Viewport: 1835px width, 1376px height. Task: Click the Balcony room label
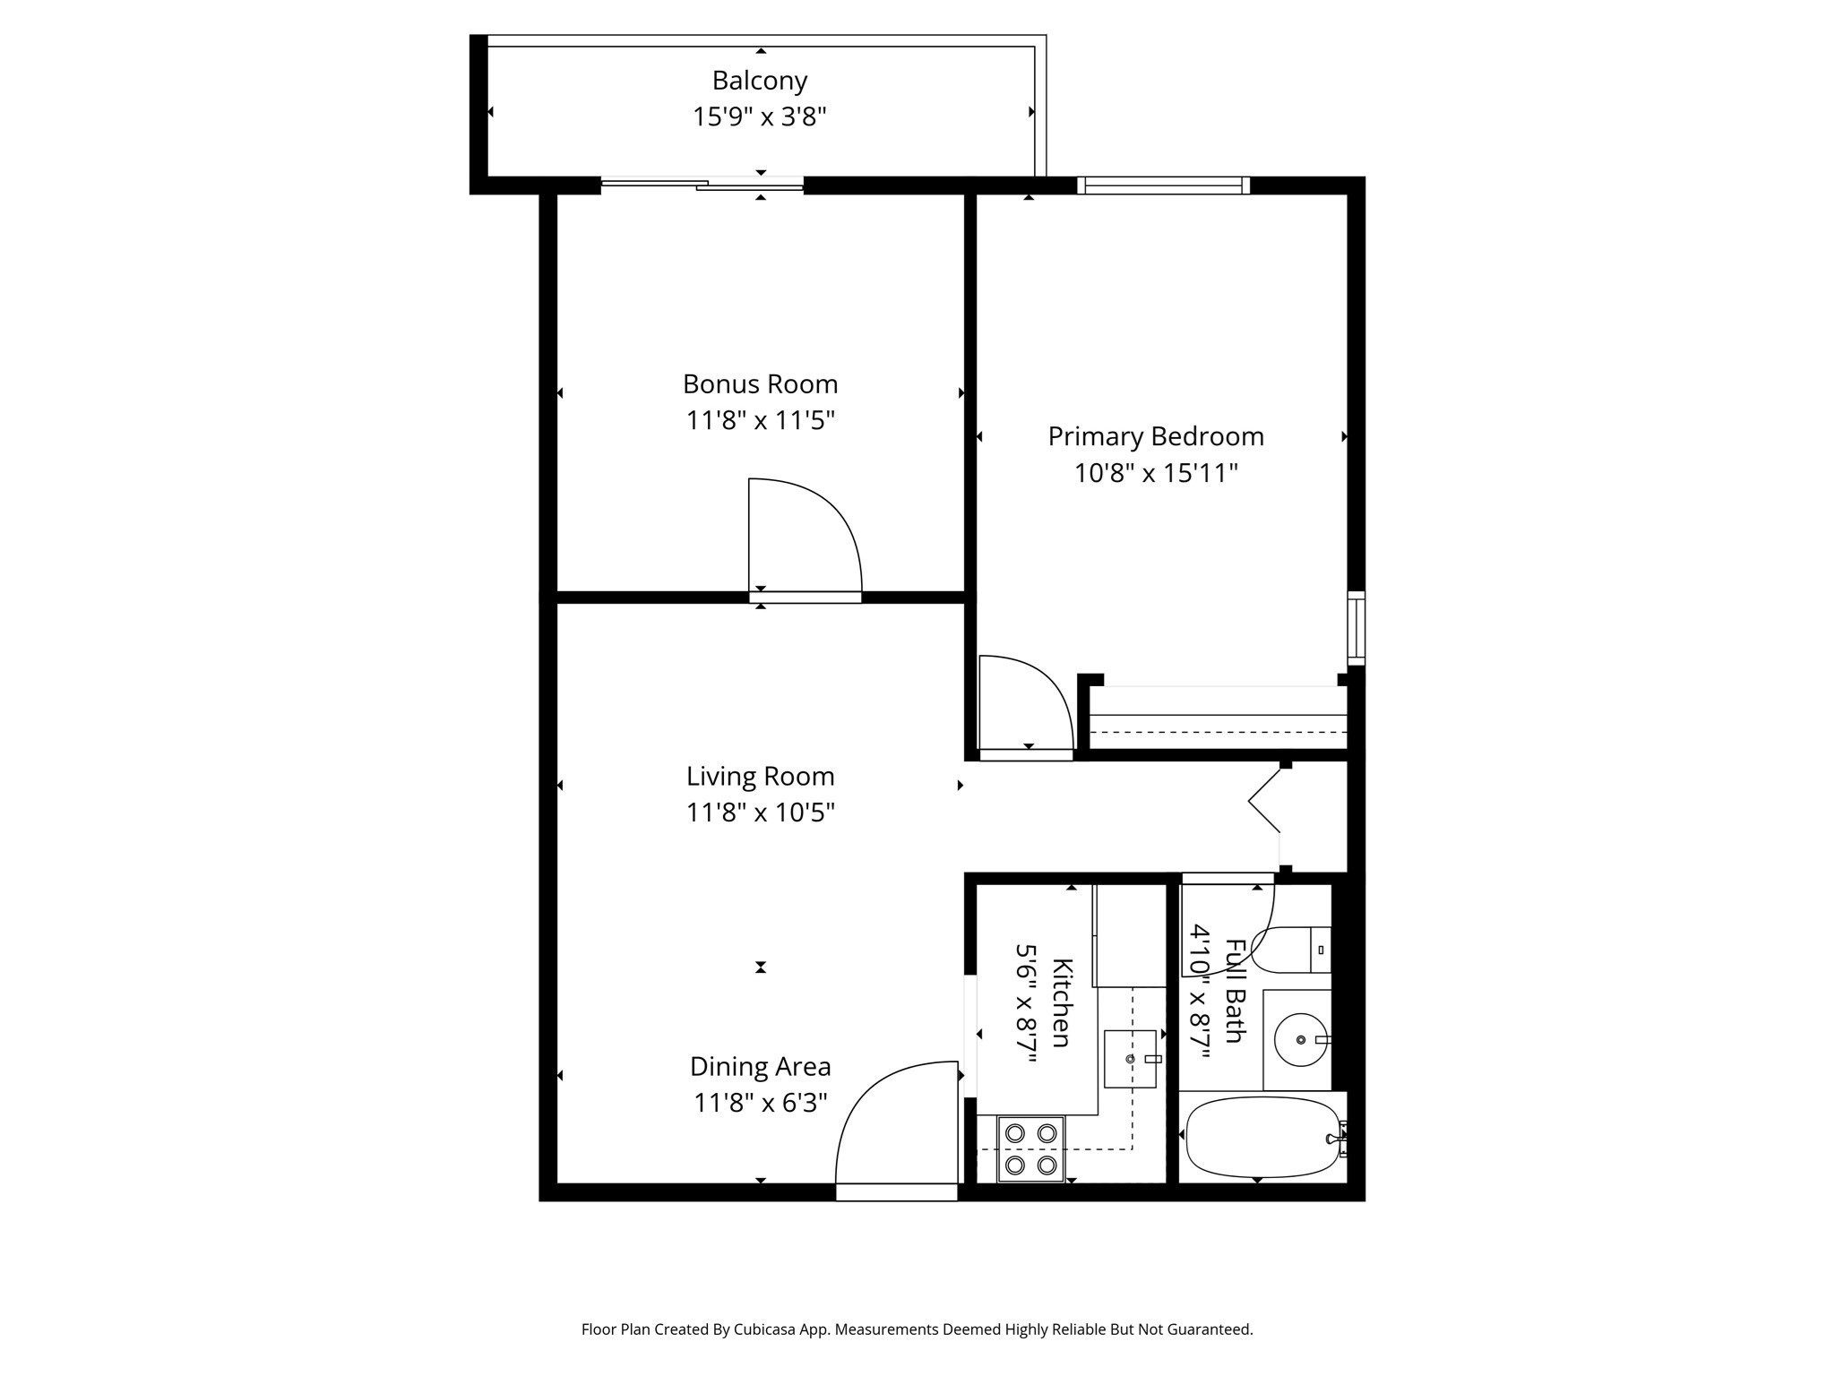pos(760,81)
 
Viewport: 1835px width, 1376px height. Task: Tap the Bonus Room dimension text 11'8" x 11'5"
pos(760,420)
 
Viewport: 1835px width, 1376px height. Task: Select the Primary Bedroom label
pos(1156,436)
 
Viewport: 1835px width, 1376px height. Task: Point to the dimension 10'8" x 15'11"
pos(1156,473)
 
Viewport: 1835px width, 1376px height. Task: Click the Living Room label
pos(760,776)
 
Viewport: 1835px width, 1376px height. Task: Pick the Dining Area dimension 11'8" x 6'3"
pos(760,1103)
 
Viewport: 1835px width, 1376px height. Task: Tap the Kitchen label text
pos(1061,1002)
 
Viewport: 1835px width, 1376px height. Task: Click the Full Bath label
pos(1235,991)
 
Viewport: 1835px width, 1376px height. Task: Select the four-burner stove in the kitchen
pos(1030,1148)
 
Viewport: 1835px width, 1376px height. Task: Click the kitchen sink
pos(1130,1059)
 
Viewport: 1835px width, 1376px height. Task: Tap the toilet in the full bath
pos(1290,950)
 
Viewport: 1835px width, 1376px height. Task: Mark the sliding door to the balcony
pos(702,185)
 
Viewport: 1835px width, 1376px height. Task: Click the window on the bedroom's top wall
pos(1163,185)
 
